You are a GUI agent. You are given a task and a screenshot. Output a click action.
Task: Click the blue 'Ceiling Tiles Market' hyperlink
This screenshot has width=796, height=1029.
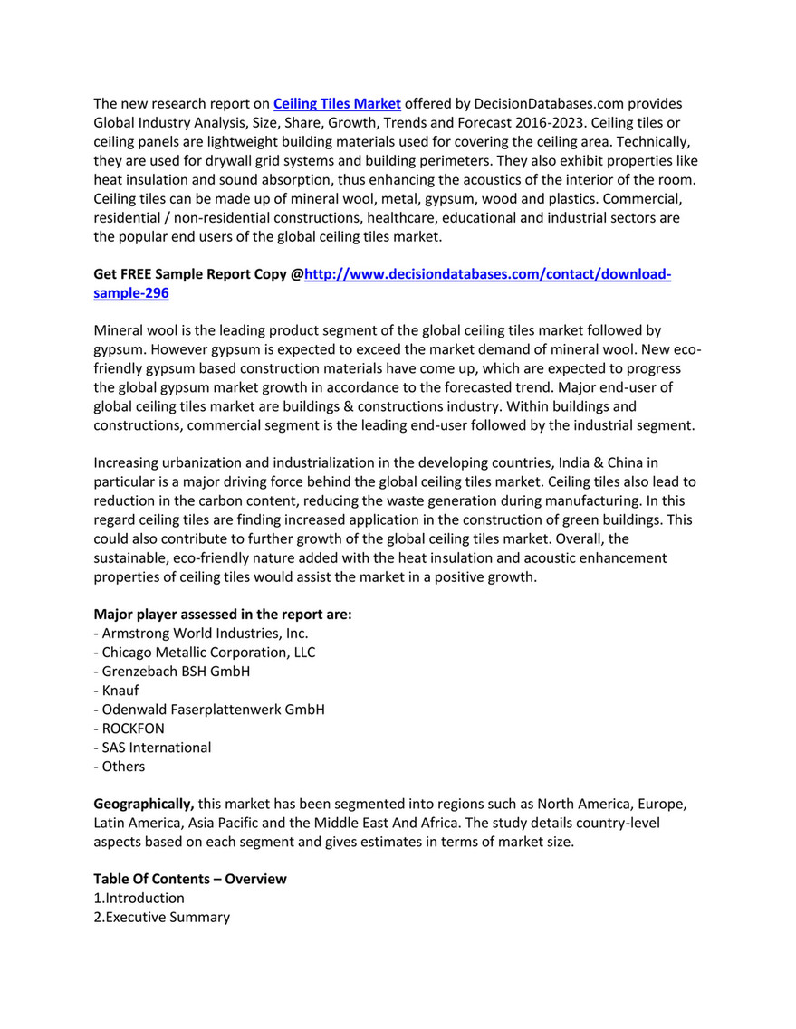tap(337, 103)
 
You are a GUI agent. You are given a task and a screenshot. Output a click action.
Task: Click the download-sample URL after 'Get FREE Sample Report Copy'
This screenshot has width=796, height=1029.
tap(487, 274)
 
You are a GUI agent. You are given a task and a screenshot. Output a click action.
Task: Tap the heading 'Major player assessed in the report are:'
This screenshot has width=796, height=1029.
tap(223, 614)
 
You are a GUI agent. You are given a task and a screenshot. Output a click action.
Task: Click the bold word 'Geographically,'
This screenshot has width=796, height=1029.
tap(144, 804)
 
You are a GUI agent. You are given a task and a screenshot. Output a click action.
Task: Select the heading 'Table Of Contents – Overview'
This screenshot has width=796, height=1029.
tap(190, 879)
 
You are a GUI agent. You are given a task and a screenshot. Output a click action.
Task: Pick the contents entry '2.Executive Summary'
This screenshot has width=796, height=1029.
tap(161, 917)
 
